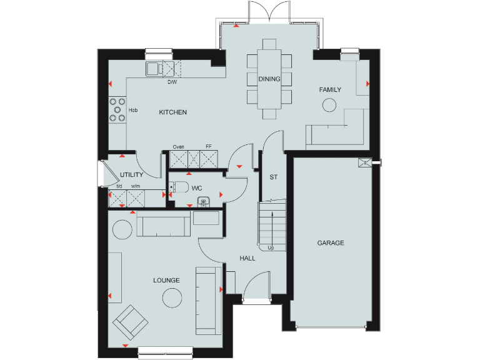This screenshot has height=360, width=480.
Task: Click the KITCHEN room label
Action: click(x=172, y=112)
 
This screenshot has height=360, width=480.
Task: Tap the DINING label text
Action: click(x=269, y=79)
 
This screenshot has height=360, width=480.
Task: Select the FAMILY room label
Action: click(x=330, y=90)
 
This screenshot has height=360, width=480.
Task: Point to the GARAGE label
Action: click(x=330, y=243)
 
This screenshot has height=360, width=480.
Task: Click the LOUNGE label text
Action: click(x=166, y=281)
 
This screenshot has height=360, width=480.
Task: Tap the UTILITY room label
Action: click(x=132, y=175)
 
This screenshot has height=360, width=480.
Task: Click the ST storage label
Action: click(x=273, y=177)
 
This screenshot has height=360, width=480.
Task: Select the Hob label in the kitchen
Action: click(x=133, y=111)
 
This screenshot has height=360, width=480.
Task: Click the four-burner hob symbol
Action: click(x=116, y=109)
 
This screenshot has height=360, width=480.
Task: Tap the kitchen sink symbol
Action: click(x=154, y=68)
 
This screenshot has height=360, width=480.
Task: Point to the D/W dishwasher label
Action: click(x=172, y=82)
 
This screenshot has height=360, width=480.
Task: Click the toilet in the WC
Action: click(x=180, y=187)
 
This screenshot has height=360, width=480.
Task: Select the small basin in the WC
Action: click(x=202, y=201)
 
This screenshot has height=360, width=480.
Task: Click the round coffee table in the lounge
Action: click(x=172, y=299)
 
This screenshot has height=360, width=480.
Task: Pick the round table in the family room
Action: click(x=329, y=106)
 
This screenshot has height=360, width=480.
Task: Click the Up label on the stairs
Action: click(x=271, y=248)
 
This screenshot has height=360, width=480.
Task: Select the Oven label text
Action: click(x=179, y=147)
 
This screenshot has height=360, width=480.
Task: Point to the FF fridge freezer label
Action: click(x=209, y=147)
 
